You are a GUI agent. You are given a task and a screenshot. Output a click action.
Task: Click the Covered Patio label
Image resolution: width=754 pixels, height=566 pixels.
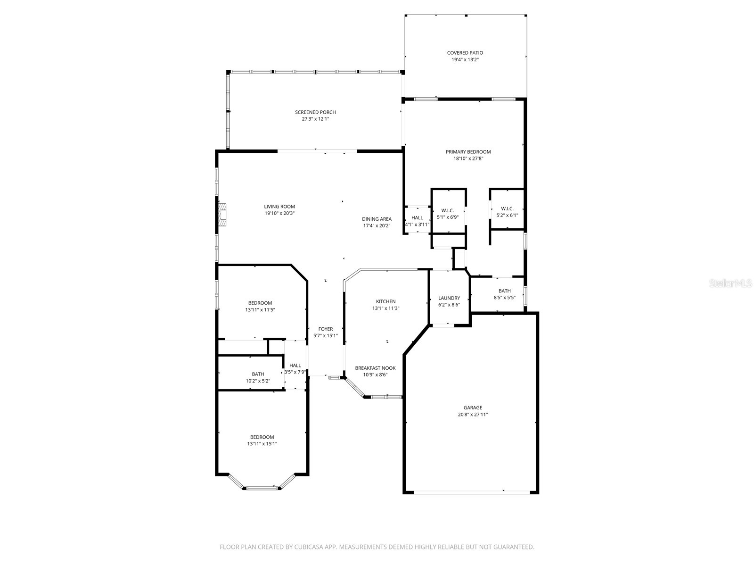pos(465,53)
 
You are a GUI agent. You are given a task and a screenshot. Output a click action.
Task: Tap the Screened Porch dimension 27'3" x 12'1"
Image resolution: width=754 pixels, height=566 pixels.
pos(315,119)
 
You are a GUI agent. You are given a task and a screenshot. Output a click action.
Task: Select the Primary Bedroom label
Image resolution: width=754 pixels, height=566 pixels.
pos(468,152)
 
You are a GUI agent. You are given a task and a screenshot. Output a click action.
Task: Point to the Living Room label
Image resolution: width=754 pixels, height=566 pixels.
pos(279,207)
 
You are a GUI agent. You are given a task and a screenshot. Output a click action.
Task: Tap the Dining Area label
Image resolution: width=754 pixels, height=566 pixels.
pos(377,219)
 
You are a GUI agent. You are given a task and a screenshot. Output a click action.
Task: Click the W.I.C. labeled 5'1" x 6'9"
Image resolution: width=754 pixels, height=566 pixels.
pos(447,210)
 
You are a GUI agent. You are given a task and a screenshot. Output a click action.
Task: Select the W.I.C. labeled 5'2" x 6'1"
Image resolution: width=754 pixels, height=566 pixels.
pos(507,208)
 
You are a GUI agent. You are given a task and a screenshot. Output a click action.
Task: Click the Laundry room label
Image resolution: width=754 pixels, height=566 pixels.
pos(449,298)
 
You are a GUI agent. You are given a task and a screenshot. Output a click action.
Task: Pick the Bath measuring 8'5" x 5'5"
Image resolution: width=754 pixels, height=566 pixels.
pos(504,291)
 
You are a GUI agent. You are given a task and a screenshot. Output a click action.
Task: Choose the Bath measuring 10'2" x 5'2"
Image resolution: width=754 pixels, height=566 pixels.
pos(258,374)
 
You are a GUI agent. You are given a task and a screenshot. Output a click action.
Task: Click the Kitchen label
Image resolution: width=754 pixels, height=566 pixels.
pos(385,301)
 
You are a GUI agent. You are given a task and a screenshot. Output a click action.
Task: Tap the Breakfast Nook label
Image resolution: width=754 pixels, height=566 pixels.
pos(375,368)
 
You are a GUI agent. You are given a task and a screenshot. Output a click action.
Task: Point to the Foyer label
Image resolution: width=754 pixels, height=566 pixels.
pos(325,329)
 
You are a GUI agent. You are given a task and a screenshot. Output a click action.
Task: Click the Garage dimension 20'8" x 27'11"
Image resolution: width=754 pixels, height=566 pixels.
pos(473,415)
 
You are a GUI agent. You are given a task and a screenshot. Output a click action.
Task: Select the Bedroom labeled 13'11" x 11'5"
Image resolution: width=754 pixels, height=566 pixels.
pos(260,303)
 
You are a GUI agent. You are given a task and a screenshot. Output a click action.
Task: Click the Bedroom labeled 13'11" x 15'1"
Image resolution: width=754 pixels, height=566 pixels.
pos(262,437)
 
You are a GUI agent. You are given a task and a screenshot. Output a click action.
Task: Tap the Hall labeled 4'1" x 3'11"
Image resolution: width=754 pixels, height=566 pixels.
pos(417,218)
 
